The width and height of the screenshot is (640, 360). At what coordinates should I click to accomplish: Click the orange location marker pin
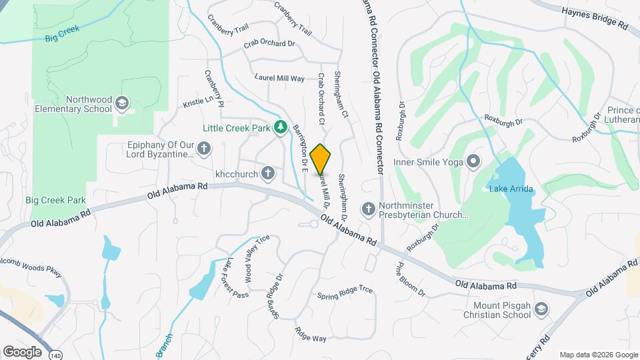pyautogui.click(x=321, y=159)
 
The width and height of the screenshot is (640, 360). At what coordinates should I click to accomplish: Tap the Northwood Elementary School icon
pyautogui.click(x=121, y=103)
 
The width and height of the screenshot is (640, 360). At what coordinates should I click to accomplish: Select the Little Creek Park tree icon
pyautogui.click(x=282, y=127)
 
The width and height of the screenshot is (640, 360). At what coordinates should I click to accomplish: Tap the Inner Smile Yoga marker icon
pyautogui.click(x=474, y=161)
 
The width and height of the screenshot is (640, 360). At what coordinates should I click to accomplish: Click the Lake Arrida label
pyautogui.click(x=511, y=189)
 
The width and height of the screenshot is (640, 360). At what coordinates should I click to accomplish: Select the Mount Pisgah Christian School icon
pyautogui.click(x=543, y=309)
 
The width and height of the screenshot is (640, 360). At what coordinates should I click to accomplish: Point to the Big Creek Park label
pyautogui.click(x=55, y=200)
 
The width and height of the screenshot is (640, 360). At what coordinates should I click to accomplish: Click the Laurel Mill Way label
pyautogui.click(x=279, y=78)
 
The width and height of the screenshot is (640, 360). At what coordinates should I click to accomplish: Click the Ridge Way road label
pyautogui.click(x=311, y=334)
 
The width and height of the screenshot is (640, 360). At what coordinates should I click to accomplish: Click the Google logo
pyautogui.click(x=22, y=351)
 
